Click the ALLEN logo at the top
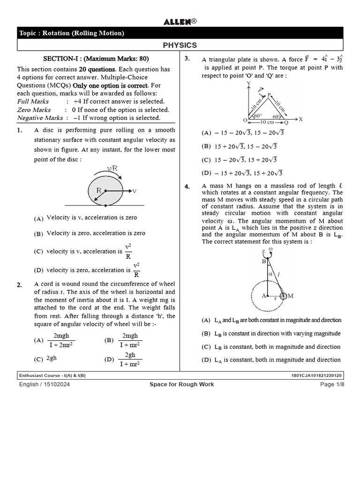(180, 22)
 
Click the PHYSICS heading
(180, 45)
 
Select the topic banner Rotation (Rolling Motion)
(72, 33)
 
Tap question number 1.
(20, 130)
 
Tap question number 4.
(187, 187)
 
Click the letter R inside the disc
(99, 190)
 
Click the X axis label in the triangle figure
(300, 119)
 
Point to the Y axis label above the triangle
(247, 83)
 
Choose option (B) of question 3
(207, 146)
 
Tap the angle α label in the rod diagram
(270, 274)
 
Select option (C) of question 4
(206, 347)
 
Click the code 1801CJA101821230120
(317, 375)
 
